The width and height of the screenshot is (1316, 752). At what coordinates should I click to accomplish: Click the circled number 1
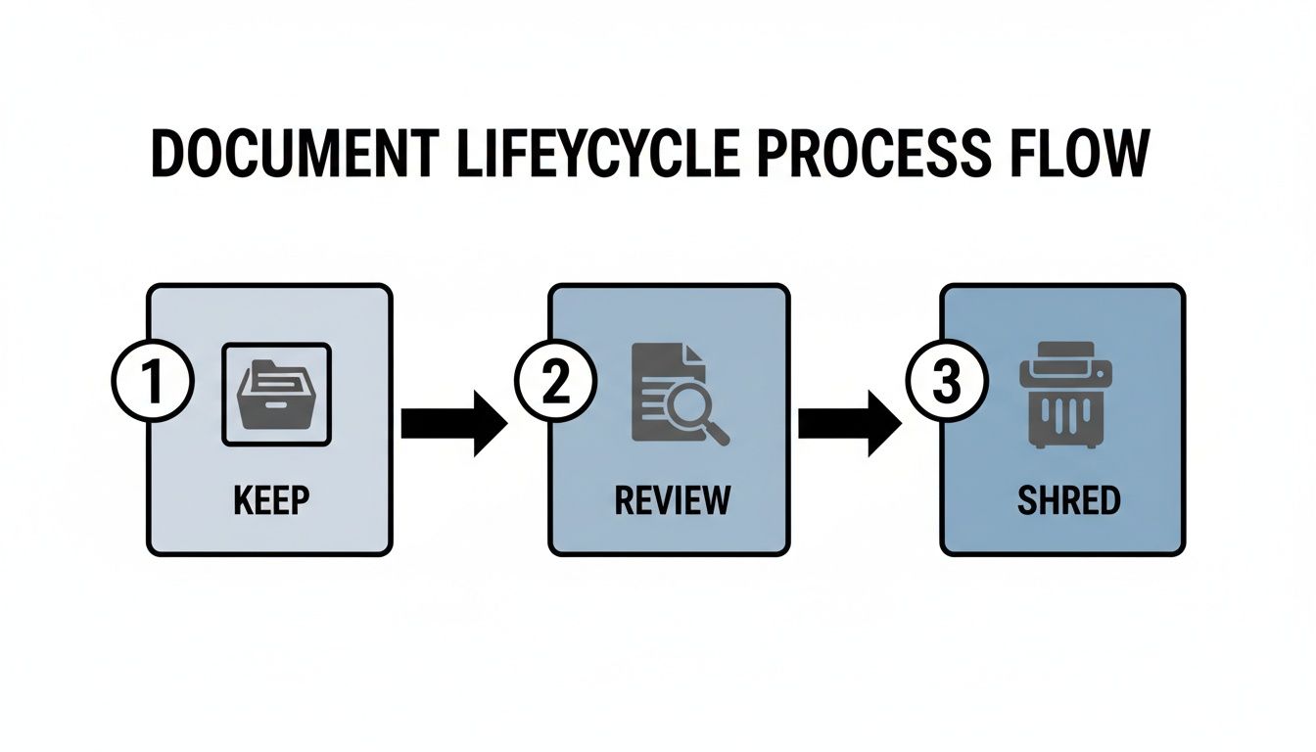152,383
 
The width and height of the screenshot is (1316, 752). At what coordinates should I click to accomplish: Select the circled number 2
554,383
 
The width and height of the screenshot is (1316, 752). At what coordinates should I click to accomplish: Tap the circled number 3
946,383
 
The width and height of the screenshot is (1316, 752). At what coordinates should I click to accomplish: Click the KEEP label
271,500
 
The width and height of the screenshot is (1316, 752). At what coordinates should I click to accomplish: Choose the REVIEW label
672,500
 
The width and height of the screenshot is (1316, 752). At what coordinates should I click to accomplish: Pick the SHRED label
1068,500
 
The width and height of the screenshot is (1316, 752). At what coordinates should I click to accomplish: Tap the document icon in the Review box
666,387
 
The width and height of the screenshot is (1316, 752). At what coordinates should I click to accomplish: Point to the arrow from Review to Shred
848,423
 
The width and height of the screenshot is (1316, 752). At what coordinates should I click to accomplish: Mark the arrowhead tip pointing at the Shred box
898,423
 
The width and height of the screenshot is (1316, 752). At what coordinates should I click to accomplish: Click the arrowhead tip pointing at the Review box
504,423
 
